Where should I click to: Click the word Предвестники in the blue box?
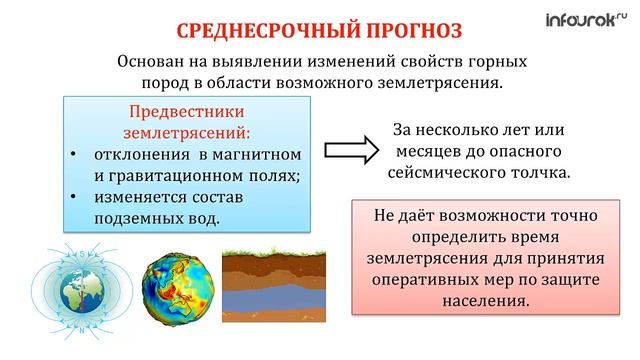pos(185,111)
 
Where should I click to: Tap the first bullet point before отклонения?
pos(75,155)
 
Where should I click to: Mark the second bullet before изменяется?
pos(75,197)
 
